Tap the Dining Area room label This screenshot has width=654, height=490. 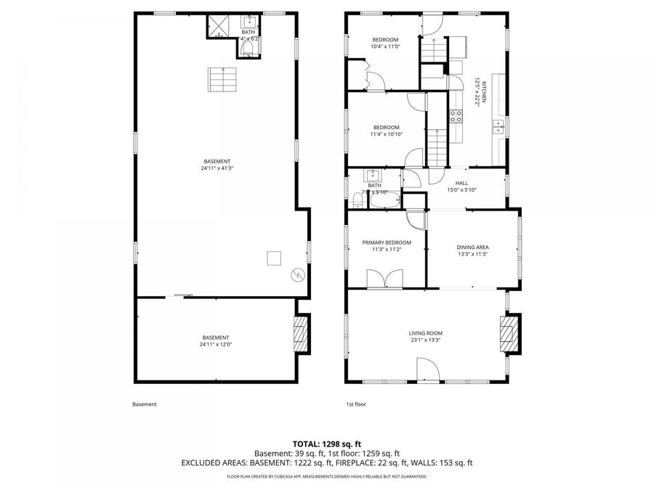pyautogui.click(x=472, y=247)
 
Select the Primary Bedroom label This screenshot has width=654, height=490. pyautogui.click(x=387, y=242)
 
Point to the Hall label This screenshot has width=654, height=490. pyautogui.click(x=461, y=183)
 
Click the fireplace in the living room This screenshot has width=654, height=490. pyautogui.click(x=511, y=333)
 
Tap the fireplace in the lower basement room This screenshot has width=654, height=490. pyautogui.click(x=300, y=333)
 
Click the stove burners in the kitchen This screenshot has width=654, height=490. pyautogui.click(x=456, y=116)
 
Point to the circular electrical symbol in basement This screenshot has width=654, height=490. pyautogui.click(x=296, y=274)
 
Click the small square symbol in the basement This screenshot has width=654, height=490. pyautogui.click(x=274, y=258)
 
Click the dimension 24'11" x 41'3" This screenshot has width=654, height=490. pyautogui.click(x=217, y=168)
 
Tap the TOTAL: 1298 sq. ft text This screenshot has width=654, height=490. pyautogui.click(x=326, y=443)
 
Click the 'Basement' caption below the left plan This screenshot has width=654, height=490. pyautogui.click(x=144, y=404)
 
